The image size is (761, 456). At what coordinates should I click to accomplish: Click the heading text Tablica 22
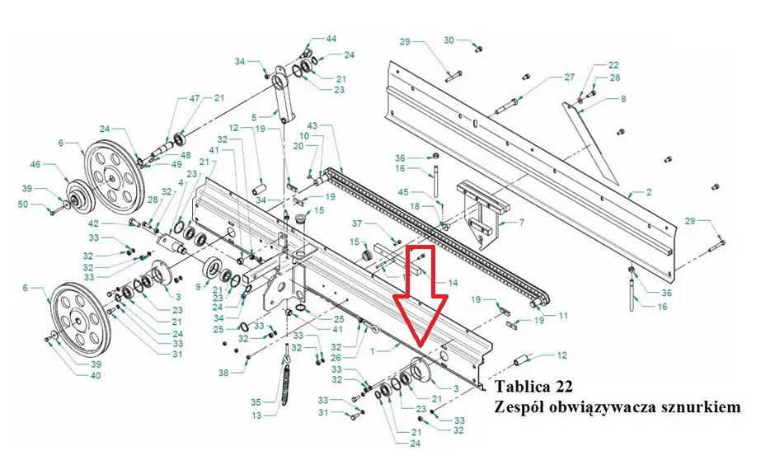[533, 387]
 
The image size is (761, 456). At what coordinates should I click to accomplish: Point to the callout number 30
[449, 40]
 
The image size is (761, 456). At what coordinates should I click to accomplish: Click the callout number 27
[569, 77]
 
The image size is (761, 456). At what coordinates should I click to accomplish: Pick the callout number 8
[623, 99]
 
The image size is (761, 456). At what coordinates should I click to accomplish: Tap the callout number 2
[649, 192]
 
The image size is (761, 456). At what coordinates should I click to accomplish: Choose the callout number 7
[522, 223]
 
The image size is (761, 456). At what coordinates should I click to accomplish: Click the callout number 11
[562, 316]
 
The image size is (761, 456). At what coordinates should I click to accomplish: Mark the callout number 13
[256, 416]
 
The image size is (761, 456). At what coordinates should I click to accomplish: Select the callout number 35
[256, 402]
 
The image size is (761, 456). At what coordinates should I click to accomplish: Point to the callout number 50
[23, 204]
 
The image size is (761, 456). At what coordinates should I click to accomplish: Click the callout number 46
[35, 165]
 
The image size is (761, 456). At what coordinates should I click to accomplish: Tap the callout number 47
[195, 98]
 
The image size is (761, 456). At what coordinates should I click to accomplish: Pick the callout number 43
[312, 126]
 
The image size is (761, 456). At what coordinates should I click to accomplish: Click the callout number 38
[223, 373]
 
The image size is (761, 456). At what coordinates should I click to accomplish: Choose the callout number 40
[96, 375]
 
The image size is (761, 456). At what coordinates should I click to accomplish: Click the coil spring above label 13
[286, 383]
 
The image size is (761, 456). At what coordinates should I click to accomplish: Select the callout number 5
[254, 117]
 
